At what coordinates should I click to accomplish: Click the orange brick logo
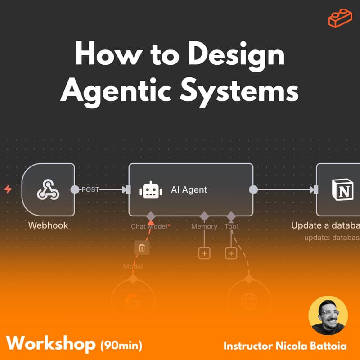340,18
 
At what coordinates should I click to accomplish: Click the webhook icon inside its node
48,190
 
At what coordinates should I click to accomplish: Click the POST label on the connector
90,190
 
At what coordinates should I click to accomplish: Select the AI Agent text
189,190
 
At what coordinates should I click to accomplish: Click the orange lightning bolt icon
8,189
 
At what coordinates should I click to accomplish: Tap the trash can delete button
142,247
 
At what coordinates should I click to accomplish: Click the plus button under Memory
204,253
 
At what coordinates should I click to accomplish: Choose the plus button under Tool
231,253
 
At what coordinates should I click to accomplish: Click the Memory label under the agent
204,226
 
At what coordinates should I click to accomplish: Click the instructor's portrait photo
328,315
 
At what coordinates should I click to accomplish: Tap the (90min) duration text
121,346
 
